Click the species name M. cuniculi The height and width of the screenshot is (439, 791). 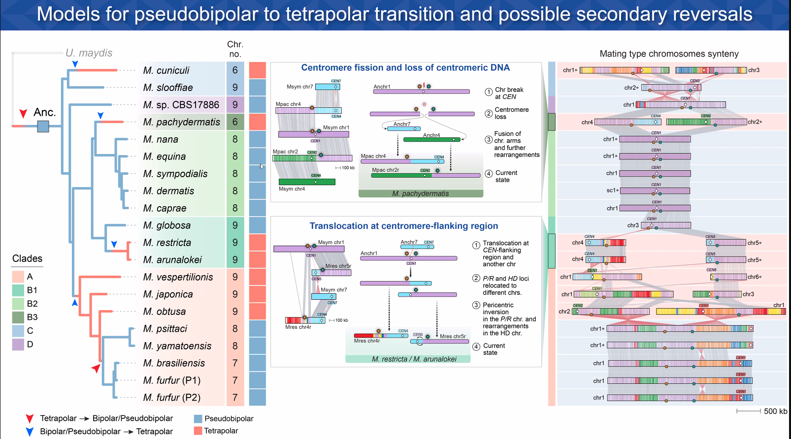[x=166, y=70]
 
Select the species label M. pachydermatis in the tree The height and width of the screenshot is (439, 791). [x=181, y=122]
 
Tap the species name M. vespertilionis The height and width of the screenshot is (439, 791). [x=178, y=277]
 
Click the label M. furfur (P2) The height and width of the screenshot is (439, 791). [x=171, y=398]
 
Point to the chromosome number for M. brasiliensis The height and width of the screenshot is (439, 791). [x=235, y=363]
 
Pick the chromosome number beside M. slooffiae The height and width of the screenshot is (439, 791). [x=235, y=88]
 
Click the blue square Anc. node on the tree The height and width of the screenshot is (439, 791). [x=43, y=126]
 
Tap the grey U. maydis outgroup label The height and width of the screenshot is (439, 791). [x=89, y=53]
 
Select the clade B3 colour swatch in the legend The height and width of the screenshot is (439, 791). [x=18, y=317]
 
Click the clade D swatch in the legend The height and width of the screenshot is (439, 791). [x=18, y=345]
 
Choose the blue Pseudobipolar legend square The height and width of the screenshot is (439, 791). [x=198, y=419]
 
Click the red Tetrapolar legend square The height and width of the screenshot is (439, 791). [x=198, y=431]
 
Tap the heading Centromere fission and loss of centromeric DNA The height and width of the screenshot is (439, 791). [x=405, y=68]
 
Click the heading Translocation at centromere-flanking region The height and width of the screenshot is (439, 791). [x=403, y=226]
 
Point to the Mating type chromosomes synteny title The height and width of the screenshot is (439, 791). [x=669, y=54]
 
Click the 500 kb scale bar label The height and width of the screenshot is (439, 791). [x=775, y=411]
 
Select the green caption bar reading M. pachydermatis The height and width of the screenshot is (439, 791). [x=420, y=193]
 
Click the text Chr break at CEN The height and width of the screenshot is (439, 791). [x=509, y=93]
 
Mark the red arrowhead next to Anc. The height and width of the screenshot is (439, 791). [x=23, y=114]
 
